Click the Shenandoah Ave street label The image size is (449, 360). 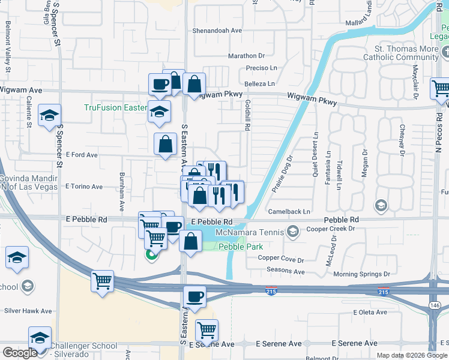coord(217,30)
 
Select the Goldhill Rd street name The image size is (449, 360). coord(247,115)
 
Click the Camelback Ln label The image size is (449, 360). coord(289,211)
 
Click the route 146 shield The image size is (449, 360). coord(435,305)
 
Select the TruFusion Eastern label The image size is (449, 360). coord(115,108)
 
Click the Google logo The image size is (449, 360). coord(20,353)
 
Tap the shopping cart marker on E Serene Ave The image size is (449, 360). coord(206,329)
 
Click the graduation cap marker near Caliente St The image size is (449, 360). coord(49,115)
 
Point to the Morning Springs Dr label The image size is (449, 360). coord(362,274)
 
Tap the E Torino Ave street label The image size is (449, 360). coord(84,187)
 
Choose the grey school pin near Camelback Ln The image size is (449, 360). coord(380,206)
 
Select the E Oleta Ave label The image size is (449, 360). coord(372,312)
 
